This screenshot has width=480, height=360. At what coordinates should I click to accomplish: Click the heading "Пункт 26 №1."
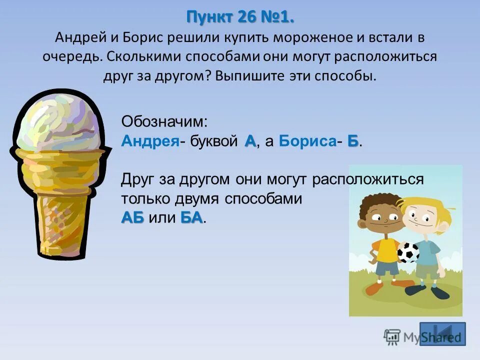coord(240,17)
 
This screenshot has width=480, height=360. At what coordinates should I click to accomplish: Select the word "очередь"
coord(72,56)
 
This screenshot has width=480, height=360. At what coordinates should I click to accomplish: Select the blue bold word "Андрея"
coord(150,141)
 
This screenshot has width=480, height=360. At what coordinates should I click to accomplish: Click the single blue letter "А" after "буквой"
coord(250,141)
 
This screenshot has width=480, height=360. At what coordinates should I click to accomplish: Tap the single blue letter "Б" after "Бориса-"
coord(353,141)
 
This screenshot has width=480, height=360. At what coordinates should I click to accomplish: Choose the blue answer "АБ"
coord(132,218)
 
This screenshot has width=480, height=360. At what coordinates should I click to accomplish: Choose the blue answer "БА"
coord(191,218)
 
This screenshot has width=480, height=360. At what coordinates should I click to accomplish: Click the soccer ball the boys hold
coord(408,252)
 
